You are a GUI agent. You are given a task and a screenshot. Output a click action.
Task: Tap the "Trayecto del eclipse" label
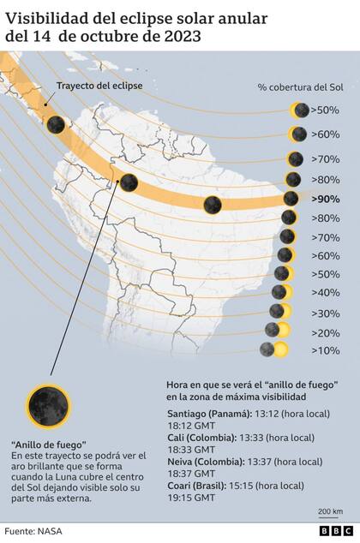[100, 87]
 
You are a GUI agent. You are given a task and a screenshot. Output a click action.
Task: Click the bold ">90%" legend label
[326, 199]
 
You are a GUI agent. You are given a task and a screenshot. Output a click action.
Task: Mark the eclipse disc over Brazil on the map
[213, 204]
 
